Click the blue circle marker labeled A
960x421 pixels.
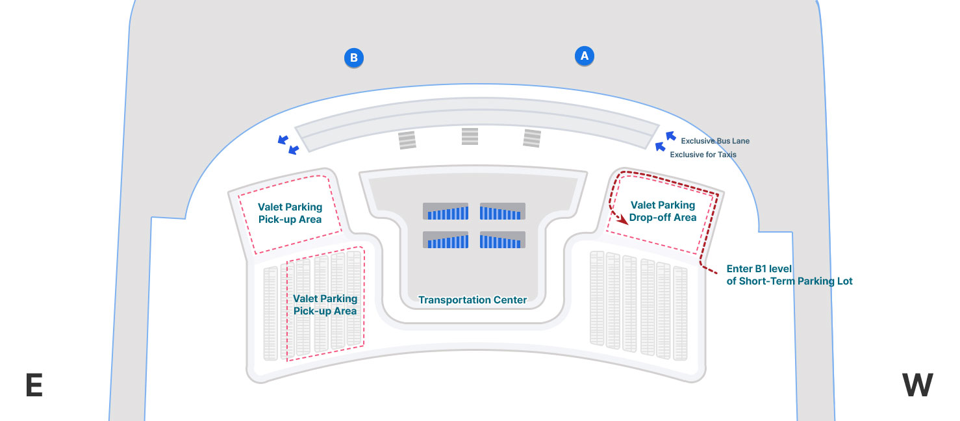pos(585,56)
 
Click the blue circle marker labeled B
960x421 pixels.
pos(354,58)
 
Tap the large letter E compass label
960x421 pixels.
pos(34,386)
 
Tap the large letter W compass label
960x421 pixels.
pos(917,386)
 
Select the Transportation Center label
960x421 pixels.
pos(472,300)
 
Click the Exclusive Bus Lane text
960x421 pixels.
pos(714,140)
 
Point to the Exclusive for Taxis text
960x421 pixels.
pos(703,155)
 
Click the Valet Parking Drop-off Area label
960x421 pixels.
pos(663,211)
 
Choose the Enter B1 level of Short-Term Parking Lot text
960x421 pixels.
pos(789,275)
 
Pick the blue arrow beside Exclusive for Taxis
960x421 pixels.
pos(660,151)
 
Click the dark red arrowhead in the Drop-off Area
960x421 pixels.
pos(624,220)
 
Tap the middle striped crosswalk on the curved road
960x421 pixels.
pos(470,136)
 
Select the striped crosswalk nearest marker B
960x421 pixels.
pos(407,140)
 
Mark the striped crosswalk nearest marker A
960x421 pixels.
pos(532,138)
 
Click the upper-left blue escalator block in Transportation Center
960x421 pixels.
pos(446,212)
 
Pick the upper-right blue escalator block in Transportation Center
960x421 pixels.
pos(502,212)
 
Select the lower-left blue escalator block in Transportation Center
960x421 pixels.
pos(446,240)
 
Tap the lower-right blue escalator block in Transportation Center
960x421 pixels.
pos(502,240)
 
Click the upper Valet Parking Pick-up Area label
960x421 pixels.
pos(290,213)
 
